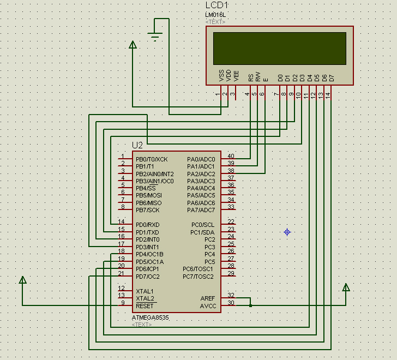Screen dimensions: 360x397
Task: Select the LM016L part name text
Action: [x=215, y=15]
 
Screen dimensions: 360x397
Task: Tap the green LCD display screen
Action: [x=279, y=49]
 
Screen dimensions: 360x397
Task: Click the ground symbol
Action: [x=155, y=37]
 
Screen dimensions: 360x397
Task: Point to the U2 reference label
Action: [x=137, y=146]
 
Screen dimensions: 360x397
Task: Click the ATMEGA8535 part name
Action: [x=151, y=317]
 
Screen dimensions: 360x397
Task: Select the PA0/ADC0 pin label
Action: [x=201, y=159]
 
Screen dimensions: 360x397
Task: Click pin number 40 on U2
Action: [x=231, y=157]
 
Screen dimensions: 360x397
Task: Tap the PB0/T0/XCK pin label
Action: [x=152, y=159]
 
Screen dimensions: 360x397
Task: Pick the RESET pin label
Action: [x=145, y=306]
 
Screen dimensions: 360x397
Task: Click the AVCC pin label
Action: [x=208, y=306]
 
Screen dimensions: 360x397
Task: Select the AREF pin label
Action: [x=208, y=298]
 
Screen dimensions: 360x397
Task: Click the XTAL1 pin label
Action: [x=145, y=291]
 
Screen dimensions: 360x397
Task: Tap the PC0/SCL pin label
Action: [x=203, y=225]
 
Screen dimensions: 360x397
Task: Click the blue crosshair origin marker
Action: [x=287, y=232]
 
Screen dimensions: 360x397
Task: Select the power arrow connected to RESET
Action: [x=22, y=280]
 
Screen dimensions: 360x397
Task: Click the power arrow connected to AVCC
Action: [x=345, y=287]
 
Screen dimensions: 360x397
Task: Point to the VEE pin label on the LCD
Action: [x=236, y=76]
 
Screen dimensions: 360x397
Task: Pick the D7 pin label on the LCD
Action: [x=331, y=78]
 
